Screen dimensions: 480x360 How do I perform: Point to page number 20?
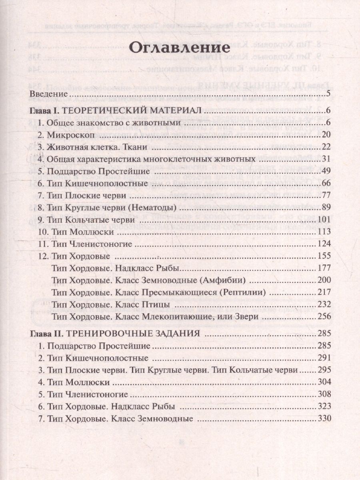[x=325, y=135]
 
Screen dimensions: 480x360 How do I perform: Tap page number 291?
[x=323, y=358]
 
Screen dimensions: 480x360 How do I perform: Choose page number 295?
[x=323, y=370]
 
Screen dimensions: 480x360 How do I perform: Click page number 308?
[x=323, y=394]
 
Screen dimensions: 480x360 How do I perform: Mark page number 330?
[x=323, y=419]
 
